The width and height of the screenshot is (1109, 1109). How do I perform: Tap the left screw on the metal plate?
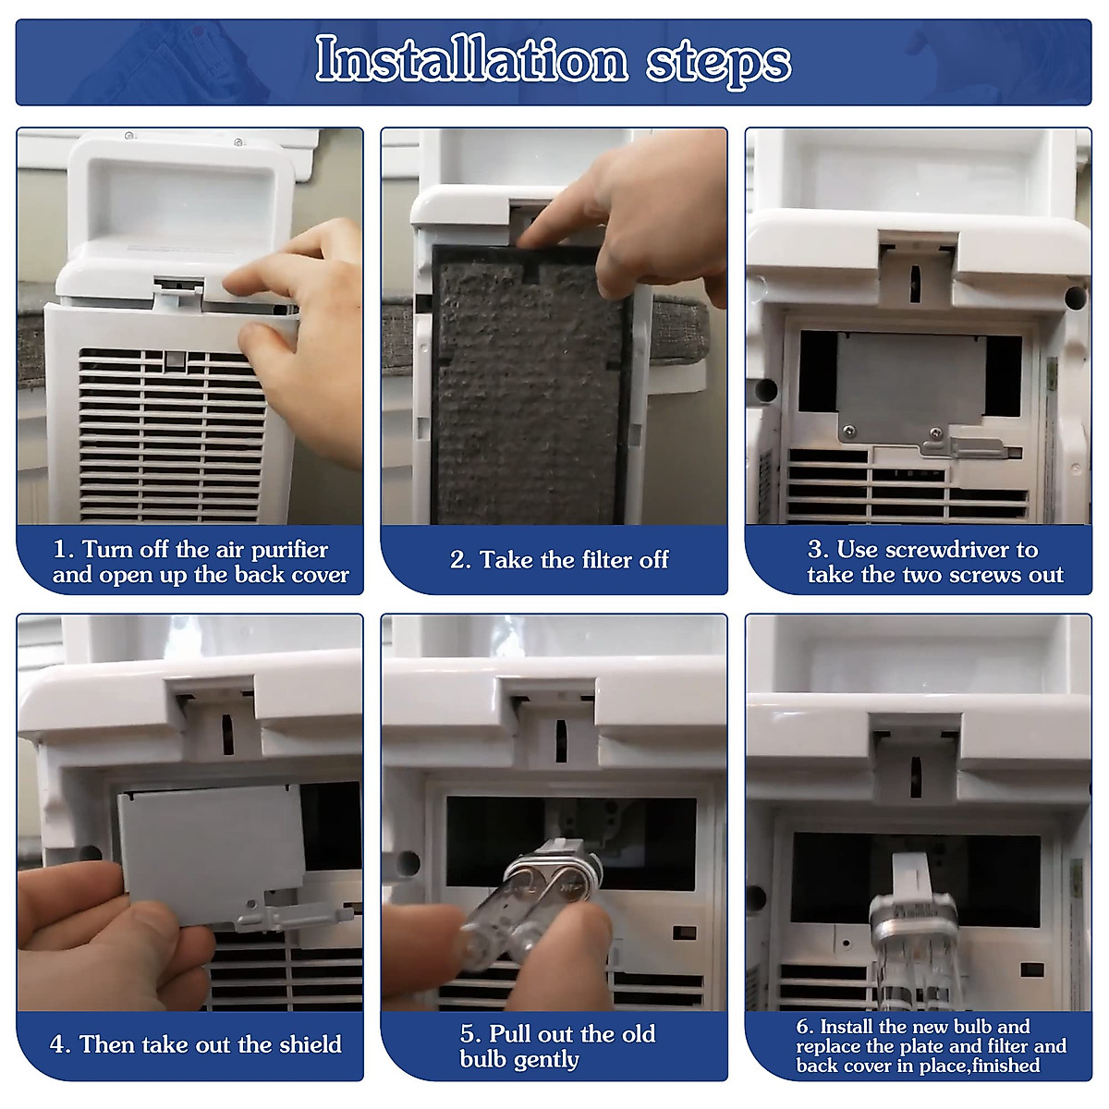coord(848,430)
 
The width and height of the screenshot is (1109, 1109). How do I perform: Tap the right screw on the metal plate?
coord(936,433)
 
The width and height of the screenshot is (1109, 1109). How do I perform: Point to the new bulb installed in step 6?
coord(914,944)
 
